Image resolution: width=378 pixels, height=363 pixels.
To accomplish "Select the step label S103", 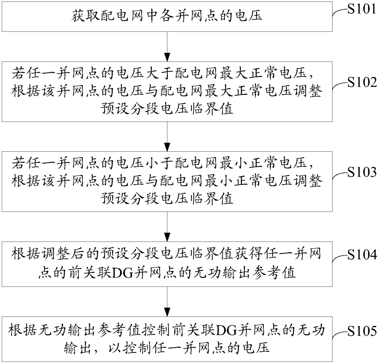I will coord(362,172).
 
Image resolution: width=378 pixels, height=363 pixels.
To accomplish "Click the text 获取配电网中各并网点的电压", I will coord(168,15).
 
